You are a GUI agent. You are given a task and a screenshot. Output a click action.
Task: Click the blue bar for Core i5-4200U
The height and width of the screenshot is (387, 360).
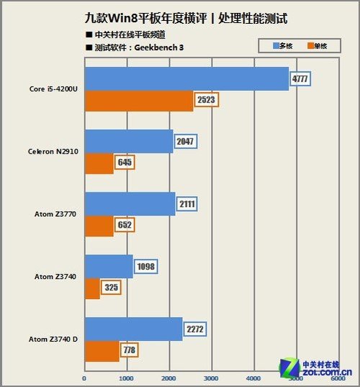pos(186,79)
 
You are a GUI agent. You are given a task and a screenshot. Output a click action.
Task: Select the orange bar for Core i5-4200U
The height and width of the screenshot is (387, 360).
pos(139,101)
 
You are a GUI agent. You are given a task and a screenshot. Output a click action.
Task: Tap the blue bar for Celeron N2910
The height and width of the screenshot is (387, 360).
pos(129,141)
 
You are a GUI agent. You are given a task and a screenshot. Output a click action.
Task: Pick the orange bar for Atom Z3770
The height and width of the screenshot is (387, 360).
pos(99,226)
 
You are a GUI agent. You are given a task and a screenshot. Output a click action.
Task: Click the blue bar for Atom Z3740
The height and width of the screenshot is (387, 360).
pos(109,267)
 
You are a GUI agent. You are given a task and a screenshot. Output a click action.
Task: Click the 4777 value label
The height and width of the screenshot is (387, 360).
pos(300,79)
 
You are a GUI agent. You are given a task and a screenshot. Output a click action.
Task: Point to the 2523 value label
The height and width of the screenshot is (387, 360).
pos(205,100)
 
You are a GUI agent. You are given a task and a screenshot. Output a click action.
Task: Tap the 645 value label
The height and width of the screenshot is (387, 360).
pos(125,163)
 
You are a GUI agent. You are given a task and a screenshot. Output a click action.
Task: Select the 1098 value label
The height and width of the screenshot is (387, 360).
pos(145,267)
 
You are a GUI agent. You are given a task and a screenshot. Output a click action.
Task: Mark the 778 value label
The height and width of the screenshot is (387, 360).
pos(130,350)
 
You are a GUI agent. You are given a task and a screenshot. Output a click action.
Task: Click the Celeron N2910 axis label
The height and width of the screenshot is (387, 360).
pos(53,152)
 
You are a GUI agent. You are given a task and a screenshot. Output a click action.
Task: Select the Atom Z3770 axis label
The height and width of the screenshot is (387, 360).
pos(56,214)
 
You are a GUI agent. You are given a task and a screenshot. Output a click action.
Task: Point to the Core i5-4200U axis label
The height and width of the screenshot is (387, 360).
pos(54,89)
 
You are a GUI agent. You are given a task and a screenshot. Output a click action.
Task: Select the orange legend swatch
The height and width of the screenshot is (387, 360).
pos(312,45)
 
